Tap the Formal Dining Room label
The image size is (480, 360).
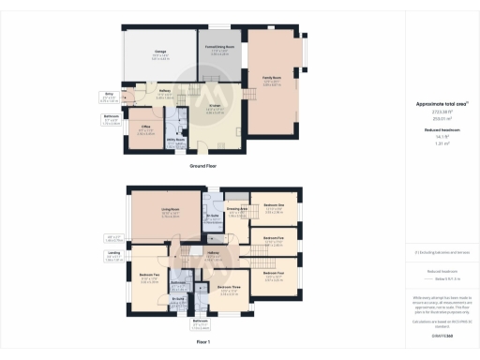[219, 46]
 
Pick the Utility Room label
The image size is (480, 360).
[175, 138]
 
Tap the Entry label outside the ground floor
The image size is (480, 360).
[109, 94]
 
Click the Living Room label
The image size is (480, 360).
[171, 210]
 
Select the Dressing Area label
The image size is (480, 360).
[237, 209]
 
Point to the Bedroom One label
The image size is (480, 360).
[274, 205]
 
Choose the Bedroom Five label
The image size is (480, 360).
[274, 238]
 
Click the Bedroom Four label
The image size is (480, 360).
[274, 273]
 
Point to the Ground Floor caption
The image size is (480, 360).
[203, 165]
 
